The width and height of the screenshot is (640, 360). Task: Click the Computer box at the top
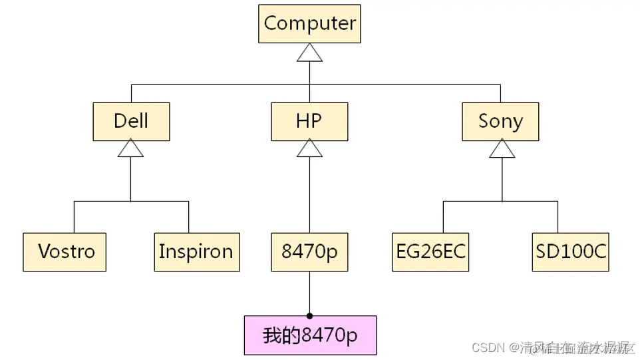point(309,24)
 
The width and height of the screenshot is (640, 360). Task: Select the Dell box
point(131,121)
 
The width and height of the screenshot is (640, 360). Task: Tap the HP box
point(309,121)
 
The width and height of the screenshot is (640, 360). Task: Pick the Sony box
point(500,121)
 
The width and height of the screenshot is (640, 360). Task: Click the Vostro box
point(65,252)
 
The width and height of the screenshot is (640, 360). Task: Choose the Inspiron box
point(196,252)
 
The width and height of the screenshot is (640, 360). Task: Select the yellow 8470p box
point(309,252)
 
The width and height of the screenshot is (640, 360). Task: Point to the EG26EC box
point(430,252)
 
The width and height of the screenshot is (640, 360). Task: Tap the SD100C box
point(571,252)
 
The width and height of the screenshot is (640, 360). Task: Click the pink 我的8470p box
point(309,335)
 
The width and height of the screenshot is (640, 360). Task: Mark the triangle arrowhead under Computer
point(309,54)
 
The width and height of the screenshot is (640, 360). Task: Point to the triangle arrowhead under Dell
point(130,150)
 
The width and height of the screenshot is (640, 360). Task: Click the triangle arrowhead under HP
point(309,150)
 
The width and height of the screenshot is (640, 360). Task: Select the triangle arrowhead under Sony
point(502,150)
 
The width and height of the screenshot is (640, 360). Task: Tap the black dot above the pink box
point(309,315)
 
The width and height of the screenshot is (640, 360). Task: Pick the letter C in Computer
point(270,23)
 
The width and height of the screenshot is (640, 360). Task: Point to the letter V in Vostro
point(45,252)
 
